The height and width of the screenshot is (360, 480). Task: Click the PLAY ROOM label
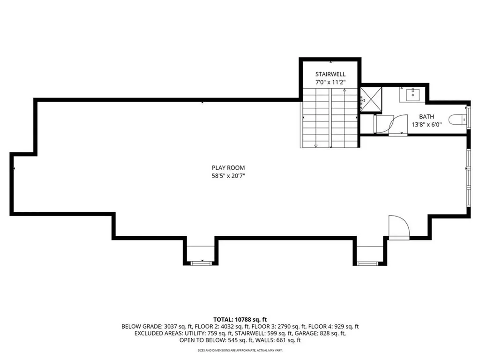[228, 168]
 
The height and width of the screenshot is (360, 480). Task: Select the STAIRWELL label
[330, 74]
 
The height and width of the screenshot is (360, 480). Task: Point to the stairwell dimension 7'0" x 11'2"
[330, 82]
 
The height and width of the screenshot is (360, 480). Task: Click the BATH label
[426, 117]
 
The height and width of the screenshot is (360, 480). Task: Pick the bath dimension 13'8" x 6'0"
[426, 125]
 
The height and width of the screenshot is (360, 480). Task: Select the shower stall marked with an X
[371, 99]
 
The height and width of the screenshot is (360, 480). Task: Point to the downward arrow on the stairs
[316, 145]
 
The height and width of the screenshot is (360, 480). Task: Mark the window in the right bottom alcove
[368, 263]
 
